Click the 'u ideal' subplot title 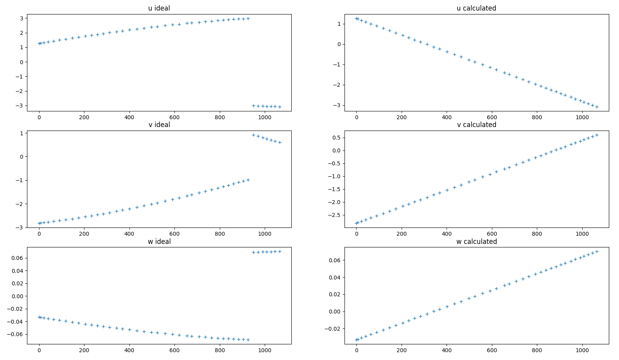[x=159, y=8]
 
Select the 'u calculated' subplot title [x=476, y=8]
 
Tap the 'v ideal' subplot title [x=159, y=125]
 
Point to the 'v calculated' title [x=477, y=125]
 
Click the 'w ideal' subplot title [x=159, y=242]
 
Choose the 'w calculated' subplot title [x=477, y=242]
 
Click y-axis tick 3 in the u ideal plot [x=21, y=18]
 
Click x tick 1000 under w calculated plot [x=582, y=350]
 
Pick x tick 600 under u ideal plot [x=174, y=117]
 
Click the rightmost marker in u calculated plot [x=597, y=107]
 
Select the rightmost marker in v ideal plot [x=280, y=143]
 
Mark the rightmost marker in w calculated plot [x=597, y=251]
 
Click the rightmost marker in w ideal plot [x=280, y=251]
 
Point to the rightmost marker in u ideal [x=280, y=107]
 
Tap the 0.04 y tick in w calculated [x=333, y=278]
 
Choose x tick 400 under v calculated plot [x=447, y=234]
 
